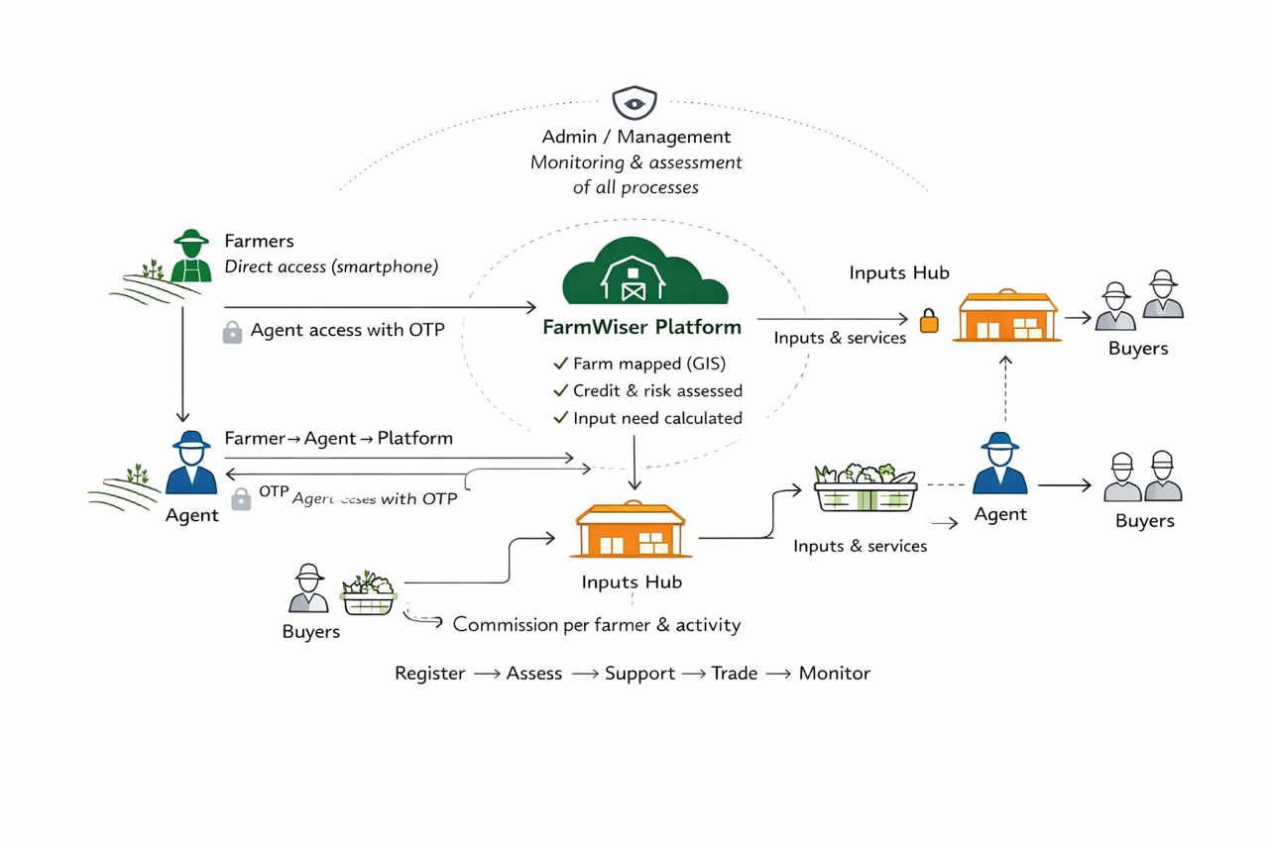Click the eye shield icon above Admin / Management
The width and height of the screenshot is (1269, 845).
[x=634, y=103]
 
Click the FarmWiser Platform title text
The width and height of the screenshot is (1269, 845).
[x=641, y=327]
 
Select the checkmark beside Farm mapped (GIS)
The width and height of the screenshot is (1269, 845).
[x=561, y=364]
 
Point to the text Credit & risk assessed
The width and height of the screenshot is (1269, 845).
[x=657, y=390]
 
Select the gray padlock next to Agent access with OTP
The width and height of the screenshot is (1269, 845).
[x=232, y=332]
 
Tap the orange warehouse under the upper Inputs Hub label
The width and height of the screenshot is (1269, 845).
[x=1007, y=316]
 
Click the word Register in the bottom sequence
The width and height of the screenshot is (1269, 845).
[x=429, y=674]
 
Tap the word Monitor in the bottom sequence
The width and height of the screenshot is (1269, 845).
[x=834, y=674]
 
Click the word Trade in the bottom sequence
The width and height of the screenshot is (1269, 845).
[x=734, y=674]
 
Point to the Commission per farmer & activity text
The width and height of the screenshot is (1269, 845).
[x=596, y=625]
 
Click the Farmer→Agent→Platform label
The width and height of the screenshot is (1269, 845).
[x=338, y=438]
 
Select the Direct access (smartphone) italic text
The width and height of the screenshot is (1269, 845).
[x=331, y=266]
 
